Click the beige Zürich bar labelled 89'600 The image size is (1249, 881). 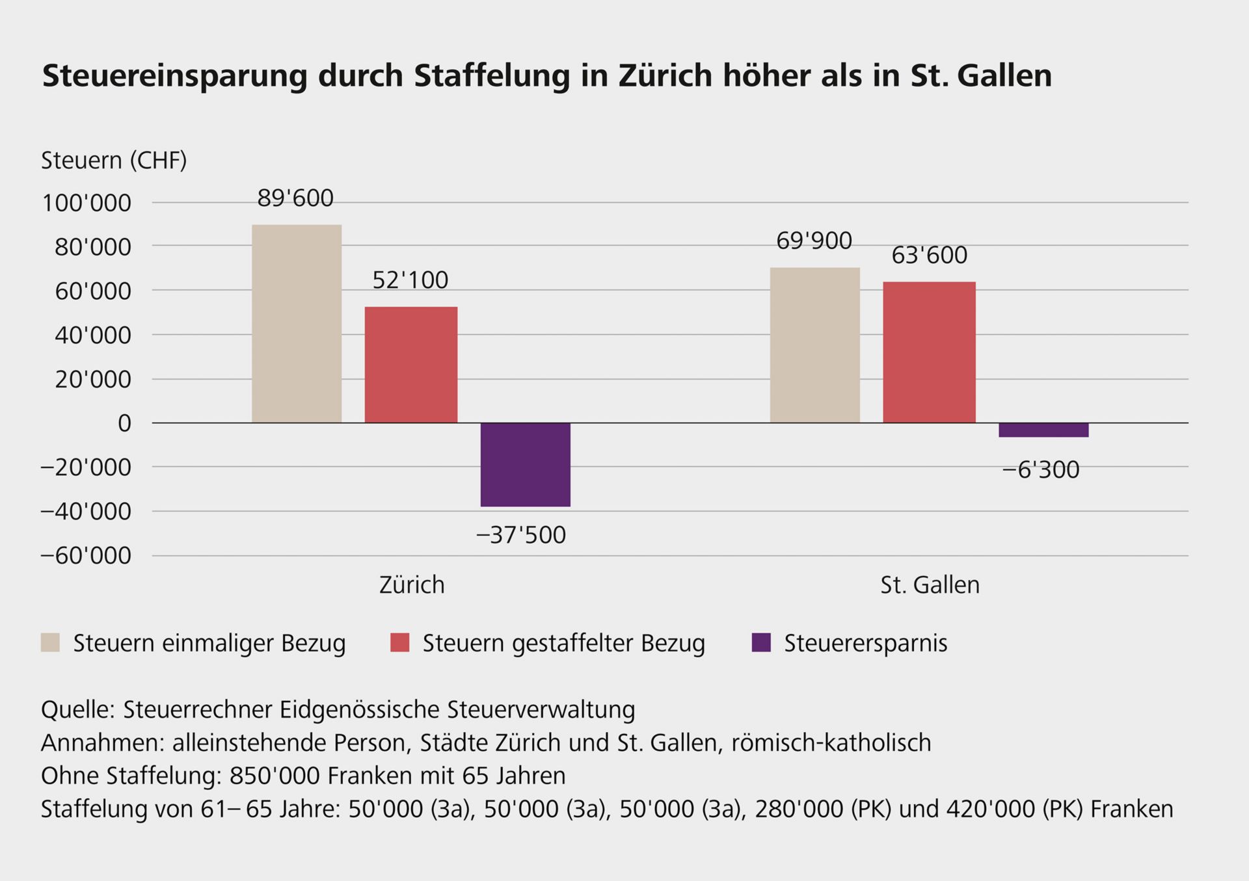(x=297, y=324)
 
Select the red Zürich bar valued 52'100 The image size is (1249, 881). (x=411, y=365)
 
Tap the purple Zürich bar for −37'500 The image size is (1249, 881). (x=526, y=464)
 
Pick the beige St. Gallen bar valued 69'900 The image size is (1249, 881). (x=814, y=345)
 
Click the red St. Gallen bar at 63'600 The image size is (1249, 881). (x=929, y=352)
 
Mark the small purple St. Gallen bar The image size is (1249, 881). (x=1043, y=430)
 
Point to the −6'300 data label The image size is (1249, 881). (x=1041, y=469)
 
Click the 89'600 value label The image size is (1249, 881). (x=295, y=198)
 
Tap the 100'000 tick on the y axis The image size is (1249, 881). (x=87, y=204)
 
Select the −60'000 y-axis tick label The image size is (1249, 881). (x=85, y=556)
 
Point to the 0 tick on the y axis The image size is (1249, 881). (x=124, y=424)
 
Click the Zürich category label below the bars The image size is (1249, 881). (x=412, y=585)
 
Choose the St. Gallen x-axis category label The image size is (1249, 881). (x=930, y=585)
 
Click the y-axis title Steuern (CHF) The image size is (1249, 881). (x=114, y=161)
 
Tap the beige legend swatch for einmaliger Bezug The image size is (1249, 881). (x=50, y=642)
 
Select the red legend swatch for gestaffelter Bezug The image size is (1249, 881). (x=399, y=642)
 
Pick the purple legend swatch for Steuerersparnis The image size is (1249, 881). (x=760, y=642)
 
